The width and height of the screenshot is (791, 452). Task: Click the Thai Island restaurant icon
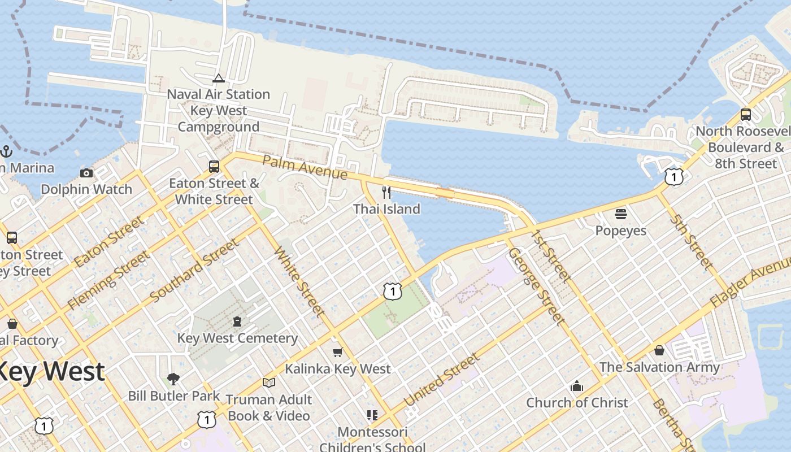click(x=386, y=193)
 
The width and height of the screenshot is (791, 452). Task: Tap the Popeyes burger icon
click(x=621, y=214)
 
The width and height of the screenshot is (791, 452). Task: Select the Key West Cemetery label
click(x=237, y=338)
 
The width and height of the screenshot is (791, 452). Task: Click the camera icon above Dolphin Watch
click(x=86, y=173)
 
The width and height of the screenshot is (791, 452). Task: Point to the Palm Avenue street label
click(x=305, y=167)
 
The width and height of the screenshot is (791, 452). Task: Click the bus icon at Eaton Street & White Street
click(x=214, y=166)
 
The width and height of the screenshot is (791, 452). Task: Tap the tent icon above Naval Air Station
click(x=219, y=78)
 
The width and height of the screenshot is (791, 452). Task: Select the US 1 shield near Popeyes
click(x=673, y=177)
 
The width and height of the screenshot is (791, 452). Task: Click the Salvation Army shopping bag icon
click(x=659, y=350)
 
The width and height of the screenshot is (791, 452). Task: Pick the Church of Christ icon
click(x=577, y=386)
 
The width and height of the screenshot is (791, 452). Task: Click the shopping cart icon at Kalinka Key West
click(x=337, y=353)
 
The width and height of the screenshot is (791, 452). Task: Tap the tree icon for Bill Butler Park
click(x=173, y=379)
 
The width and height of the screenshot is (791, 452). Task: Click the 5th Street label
click(x=692, y=241)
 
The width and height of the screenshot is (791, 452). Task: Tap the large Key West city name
click(x=51, y=372)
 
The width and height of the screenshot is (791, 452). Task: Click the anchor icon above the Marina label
click(x=6, y=151)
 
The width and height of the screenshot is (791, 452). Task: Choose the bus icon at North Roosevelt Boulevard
click(x=745, y=115)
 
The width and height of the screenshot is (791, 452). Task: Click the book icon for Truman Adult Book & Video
click(x=269, y=383)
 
